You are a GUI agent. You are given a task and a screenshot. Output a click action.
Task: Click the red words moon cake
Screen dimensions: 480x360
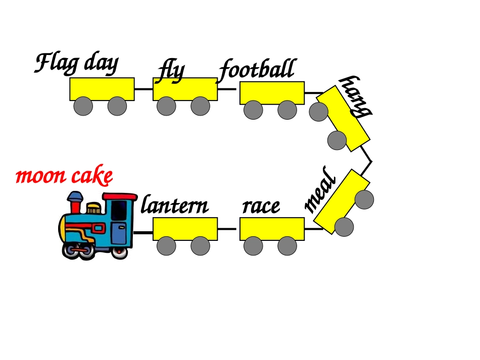pos(64,175)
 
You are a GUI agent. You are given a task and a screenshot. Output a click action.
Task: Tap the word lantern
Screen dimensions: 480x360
pos(175,204)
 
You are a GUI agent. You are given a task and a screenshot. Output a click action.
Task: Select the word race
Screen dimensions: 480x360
pos(261,207)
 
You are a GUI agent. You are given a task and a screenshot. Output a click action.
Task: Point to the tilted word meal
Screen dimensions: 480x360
pos(320,190)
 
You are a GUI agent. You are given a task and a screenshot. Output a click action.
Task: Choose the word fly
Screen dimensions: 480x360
pos(171,72)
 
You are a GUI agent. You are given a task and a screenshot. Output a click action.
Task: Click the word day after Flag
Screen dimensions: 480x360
pos(102,65)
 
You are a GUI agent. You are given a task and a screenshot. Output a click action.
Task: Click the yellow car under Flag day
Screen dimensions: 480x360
pos(102,89)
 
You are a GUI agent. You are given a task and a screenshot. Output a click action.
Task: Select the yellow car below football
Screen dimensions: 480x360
pos(272,93)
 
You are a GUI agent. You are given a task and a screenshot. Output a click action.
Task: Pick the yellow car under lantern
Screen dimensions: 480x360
pos(185,229)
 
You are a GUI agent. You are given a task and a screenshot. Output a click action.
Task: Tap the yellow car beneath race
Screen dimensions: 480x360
pos(272,229)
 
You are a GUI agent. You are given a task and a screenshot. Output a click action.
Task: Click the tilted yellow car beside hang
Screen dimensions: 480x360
pos(343,118)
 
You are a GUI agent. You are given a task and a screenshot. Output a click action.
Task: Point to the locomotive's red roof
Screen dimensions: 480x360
pos(120,196)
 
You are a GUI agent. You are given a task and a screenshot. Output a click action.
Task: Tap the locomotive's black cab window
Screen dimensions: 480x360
pos(119,210)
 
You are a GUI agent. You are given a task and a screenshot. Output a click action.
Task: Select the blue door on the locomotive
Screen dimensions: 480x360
pos(119,233)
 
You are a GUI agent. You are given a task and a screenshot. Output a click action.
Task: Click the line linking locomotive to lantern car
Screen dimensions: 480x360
pos(143,232)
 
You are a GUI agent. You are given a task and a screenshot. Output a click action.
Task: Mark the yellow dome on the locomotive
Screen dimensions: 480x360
pos(93,209)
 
